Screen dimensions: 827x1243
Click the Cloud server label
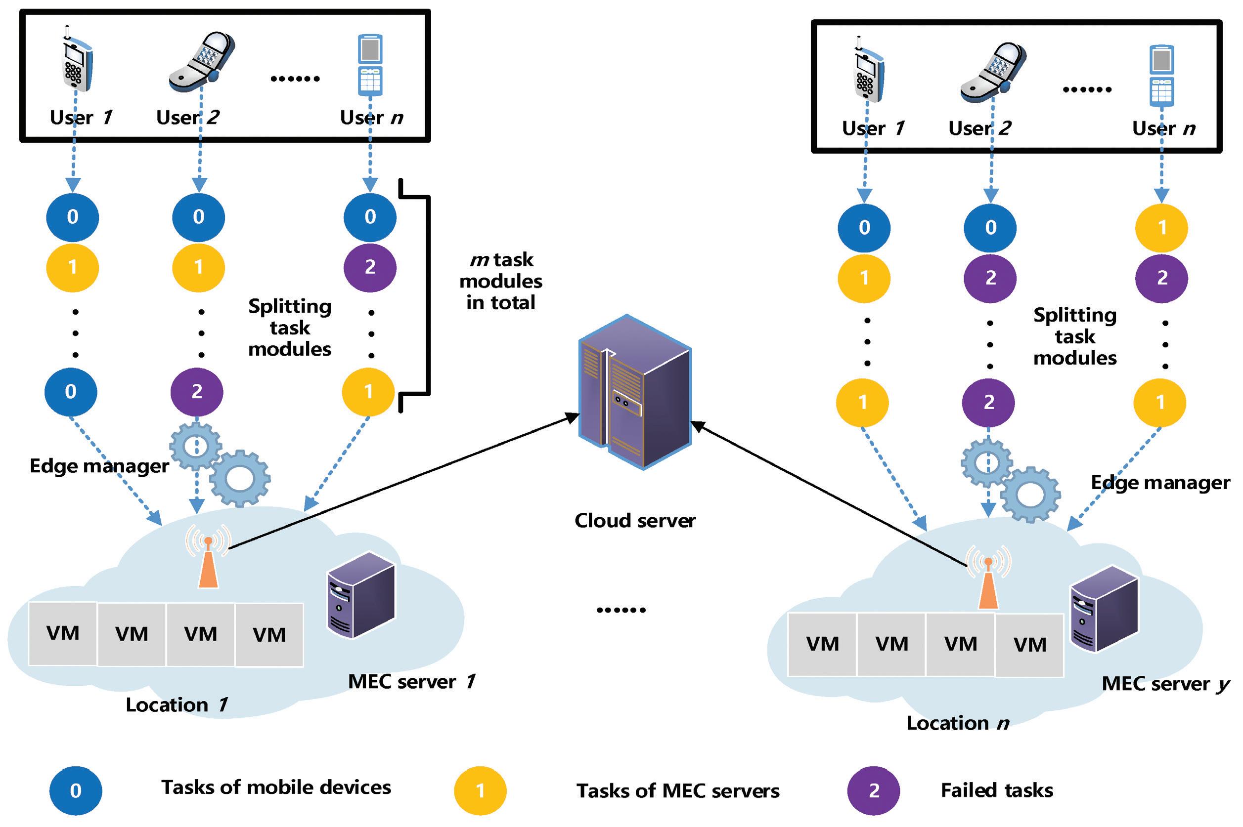[x=634, y=521]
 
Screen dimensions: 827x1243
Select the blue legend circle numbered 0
[x=76, y=790]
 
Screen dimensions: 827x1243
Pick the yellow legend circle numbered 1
[x=480, y=790]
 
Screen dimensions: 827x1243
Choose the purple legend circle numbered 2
[x=874, y=790]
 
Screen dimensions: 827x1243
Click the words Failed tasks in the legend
[x=996, y=790]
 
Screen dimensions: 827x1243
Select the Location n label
[x=957, y=723]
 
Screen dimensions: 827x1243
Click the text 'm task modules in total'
[x=500, y=281]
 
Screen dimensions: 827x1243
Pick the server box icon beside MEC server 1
[x=361, y=594]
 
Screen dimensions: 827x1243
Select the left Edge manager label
[x=99, y=466]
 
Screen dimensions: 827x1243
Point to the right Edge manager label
[x=1160, y=483]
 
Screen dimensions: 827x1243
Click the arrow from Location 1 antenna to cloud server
[x=401, y=481]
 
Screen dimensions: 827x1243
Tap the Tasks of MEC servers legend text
[x=678, y=790]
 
